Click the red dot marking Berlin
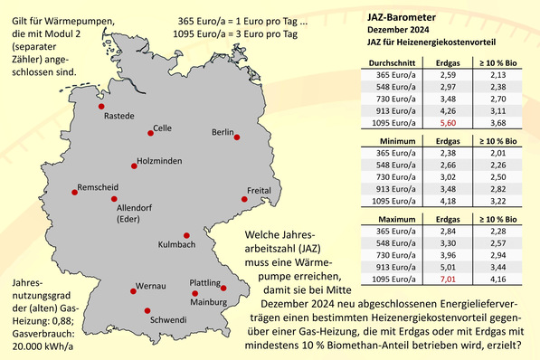237,137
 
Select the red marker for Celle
150,133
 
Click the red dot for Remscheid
74,191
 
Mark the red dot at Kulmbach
186,233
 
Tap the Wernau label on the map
150,286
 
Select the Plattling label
208,283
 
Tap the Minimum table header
393,141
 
